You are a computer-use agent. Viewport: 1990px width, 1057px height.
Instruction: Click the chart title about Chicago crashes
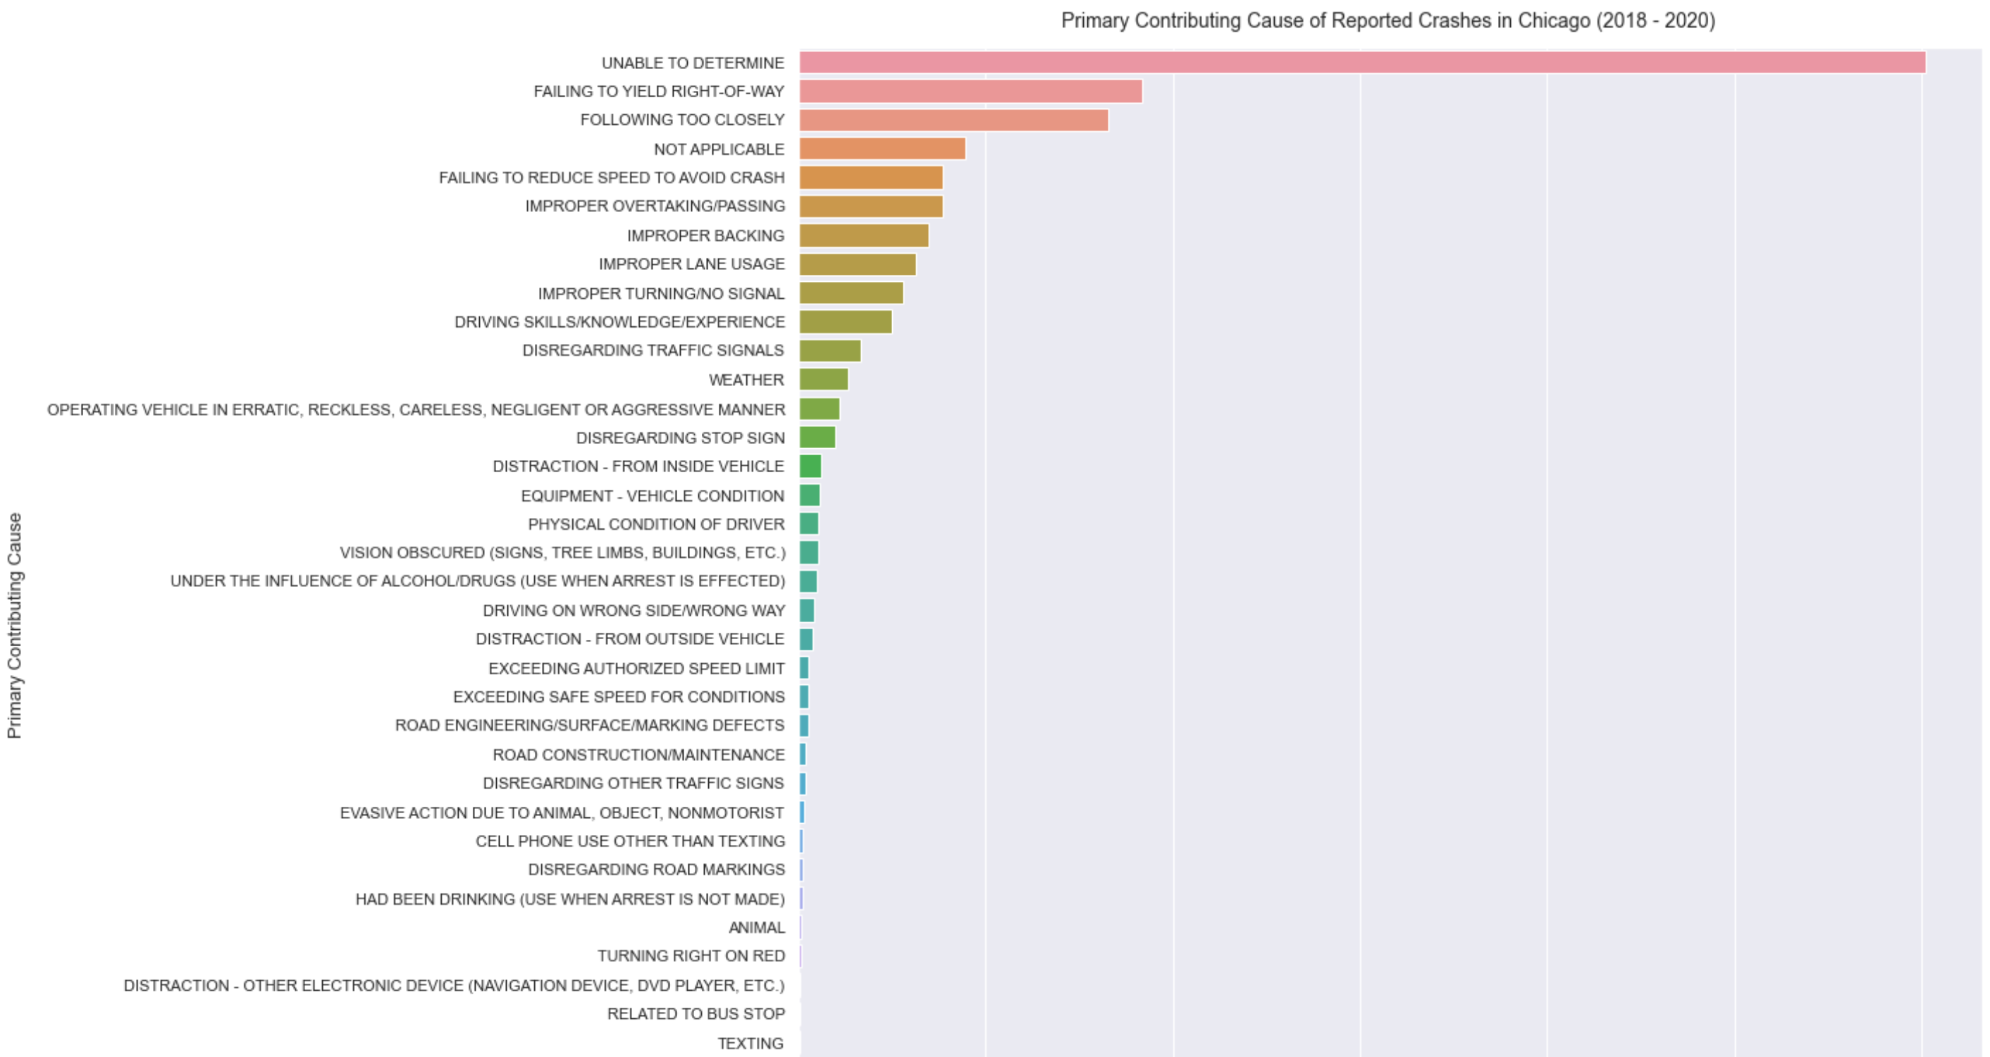[x=1388, y=21]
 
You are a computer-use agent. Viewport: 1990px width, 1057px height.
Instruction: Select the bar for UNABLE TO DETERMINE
[x=1362, y=63]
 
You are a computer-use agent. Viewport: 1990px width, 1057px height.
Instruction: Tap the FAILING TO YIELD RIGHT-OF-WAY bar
[x=970, y=91]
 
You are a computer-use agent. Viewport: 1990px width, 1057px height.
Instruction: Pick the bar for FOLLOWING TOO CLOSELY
[x=953, y=120]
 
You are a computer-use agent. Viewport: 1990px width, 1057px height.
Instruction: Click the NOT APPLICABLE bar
[x=882, y=149]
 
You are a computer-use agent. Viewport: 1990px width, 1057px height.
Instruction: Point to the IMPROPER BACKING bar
[x=864, y=235]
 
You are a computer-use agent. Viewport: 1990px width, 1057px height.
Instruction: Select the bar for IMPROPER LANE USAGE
[x=858, y=264]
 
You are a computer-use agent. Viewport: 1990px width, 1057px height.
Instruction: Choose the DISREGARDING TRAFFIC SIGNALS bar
[x=829, y=351]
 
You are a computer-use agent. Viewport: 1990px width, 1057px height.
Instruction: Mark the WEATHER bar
[x=824, y=379]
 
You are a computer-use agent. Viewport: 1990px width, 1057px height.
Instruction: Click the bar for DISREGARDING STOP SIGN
[x=817, y=438]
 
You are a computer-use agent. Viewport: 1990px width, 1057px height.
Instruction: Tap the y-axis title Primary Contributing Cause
[x=15, y=625]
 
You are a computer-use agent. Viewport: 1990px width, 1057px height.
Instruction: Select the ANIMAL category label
[x=756, y=927]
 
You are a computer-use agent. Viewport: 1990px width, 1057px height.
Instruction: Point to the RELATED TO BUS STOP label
[x=696, y=1014]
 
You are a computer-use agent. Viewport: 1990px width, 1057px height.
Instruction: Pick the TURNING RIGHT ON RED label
[x=691, y=956]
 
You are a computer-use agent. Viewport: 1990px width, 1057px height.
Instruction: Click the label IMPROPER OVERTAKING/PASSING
[x=655, y=206]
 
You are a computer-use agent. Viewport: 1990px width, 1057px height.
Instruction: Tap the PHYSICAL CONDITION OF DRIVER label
[x=656, y=524]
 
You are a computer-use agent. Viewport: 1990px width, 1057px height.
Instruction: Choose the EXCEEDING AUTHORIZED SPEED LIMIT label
[x=636, y=668]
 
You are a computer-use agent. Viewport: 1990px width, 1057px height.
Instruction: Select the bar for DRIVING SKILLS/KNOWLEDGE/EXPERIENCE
[x=845, y=321]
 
